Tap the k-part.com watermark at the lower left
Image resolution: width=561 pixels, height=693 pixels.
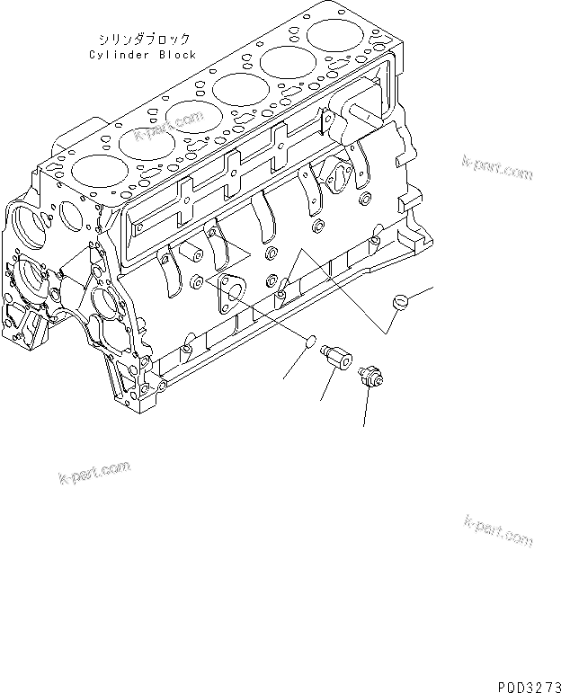(x=93, y=472)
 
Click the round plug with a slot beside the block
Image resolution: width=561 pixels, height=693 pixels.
(x=402, y=301)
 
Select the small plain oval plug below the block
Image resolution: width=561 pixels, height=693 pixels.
(x=308, y=342)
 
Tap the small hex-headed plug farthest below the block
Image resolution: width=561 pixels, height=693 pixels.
(x=369, y=379)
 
